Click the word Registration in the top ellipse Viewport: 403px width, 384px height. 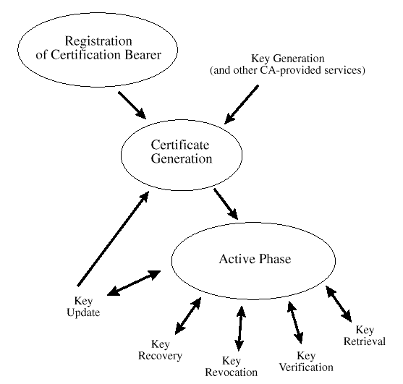click(98, 41)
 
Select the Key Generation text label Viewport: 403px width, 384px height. click(288, 59)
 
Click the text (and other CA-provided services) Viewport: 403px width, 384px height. click(287, 70)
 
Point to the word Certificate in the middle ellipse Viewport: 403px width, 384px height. click(180, 145)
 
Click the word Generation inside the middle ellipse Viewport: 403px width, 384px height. click(182, 158)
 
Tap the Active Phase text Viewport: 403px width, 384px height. click(255, 259)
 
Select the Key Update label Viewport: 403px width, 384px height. click(83, 307)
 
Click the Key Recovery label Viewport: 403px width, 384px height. click(160, 350)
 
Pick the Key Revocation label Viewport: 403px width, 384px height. click(231, 367)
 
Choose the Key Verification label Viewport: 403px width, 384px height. click(306, 362)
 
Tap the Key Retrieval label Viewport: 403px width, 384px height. click(365, 336)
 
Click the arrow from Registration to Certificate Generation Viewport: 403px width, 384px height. click(132, 106)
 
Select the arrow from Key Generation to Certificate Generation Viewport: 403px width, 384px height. click(242, 105)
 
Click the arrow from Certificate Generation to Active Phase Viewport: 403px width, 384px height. click(226, 204)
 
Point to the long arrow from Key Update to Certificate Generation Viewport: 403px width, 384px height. click(113, 239)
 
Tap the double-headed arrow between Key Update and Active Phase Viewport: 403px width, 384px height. click(134, 283)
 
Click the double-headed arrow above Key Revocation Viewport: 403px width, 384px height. click(240, 328)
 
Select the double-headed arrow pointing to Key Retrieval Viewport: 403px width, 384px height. click(339, 304)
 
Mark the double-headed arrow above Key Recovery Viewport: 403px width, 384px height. click(188, 316)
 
